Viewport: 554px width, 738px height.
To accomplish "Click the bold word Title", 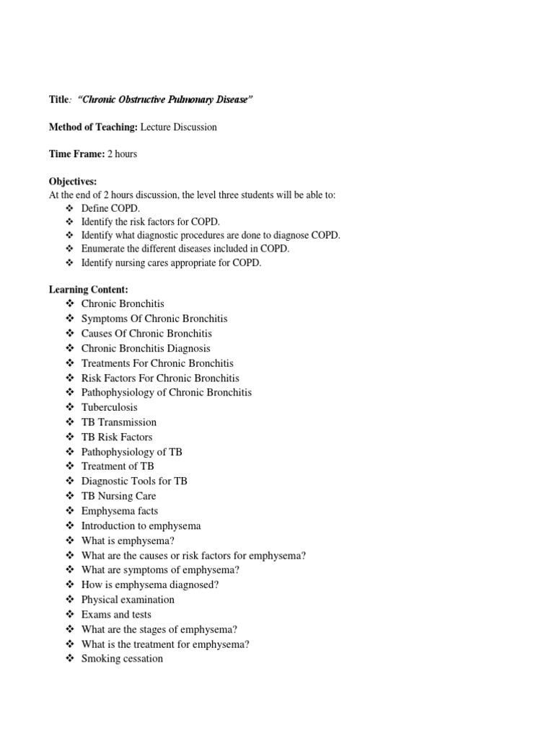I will pos(61,99).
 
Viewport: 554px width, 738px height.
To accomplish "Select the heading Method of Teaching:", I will pos(93,127).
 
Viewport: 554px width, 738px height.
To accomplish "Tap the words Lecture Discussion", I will pos(178,127).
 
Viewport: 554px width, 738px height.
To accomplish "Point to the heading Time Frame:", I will pos(77,154).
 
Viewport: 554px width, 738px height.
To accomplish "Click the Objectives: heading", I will pos(72,181).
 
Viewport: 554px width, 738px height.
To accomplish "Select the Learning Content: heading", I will pos(88,289).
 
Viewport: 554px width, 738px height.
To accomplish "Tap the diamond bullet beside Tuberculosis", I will pos(70,407).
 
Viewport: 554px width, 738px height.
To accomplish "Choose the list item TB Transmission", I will pos(118,422).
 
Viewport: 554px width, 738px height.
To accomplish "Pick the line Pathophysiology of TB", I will pos(131,452).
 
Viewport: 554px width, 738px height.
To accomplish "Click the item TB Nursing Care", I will pos(118,496).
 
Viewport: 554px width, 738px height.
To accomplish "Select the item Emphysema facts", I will pos(120,511).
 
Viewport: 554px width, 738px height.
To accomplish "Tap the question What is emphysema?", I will pos(128,541).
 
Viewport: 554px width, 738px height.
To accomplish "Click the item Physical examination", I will pos(128,600).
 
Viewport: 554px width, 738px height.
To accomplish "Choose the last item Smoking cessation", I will pos(122,659).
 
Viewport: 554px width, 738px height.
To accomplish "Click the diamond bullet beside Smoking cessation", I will pos(70,659).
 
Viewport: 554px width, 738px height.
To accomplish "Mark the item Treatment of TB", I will pos(118,466).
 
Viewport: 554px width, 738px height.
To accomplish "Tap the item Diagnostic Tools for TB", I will pos(134,481).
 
